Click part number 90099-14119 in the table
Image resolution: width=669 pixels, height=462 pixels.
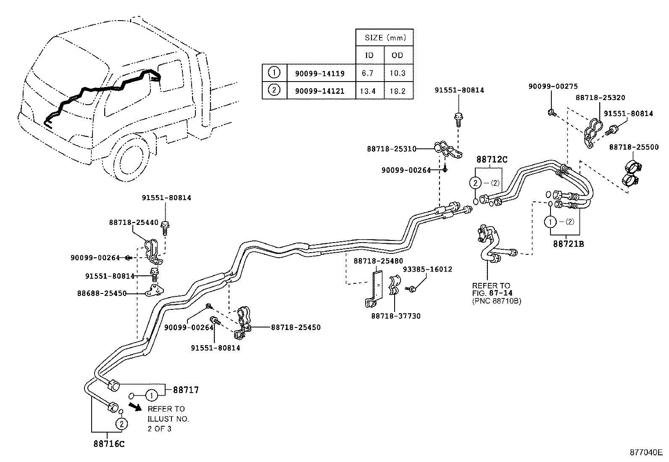[320, 74]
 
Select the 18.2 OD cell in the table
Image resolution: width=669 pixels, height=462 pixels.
[398, 91]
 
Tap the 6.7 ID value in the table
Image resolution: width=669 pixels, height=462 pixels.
[368, 73]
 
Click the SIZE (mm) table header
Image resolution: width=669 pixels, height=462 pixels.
[385, 37]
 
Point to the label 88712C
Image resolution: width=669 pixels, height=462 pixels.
[492, 160]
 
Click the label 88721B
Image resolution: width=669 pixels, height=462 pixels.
[569, 243]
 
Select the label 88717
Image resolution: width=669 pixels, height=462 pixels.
[186, 390]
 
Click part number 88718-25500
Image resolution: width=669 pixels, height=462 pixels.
[634, 147]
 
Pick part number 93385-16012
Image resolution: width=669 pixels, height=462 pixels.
[427, 269]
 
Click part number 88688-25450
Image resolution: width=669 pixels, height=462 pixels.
[102, 293]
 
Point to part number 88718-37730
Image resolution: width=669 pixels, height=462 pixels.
[395, 316]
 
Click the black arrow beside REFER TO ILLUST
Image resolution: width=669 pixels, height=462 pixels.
[135, 406]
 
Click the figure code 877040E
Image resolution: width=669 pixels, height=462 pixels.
[645, 452]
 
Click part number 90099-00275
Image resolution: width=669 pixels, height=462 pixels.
[553, 86]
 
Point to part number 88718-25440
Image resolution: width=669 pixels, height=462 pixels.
[134, 223]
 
